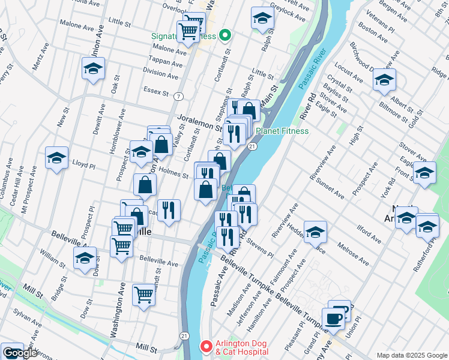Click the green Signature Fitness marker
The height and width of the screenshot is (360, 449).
225,36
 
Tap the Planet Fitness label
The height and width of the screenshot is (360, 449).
282,131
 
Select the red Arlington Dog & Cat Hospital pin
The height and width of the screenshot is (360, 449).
205,347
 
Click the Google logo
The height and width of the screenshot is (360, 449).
20,353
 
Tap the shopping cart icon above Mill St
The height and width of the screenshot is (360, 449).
144,295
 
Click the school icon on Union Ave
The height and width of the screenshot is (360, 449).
93,70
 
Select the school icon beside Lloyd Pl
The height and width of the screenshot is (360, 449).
56,158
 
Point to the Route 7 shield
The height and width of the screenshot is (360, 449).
179,96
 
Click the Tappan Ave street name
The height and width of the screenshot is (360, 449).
167,63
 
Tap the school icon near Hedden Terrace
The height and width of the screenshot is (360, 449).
315,232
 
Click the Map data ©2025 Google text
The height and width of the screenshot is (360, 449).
412,355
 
